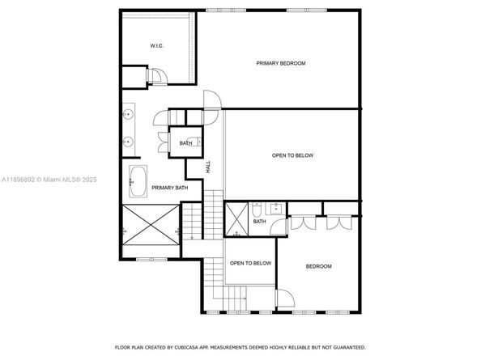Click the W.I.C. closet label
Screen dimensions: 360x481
pyautogui.click(x=156, y=45)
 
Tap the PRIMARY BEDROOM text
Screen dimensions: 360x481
pyautogui.click(x=280, y=63)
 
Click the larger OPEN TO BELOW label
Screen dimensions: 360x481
pyautogui.click(x=292, y=155)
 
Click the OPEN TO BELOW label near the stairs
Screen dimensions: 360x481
pyautogui.click(x=250, y=263)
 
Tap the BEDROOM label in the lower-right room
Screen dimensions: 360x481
pyautogui.click(x=317, y=266)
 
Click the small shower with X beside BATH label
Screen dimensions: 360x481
pyautogui.click(x=238, y=220)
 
